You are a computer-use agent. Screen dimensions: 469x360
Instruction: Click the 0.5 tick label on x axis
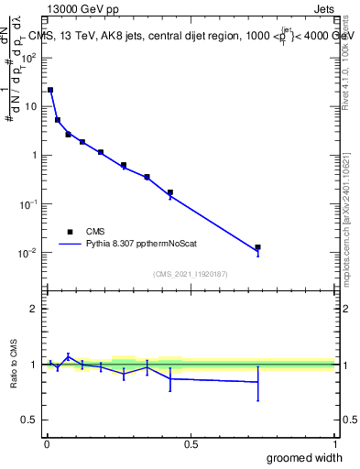tap(191, 443)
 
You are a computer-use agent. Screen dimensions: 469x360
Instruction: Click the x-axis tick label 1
tap(335, 443)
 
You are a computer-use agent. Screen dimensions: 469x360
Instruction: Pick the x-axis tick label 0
tap(47, 443)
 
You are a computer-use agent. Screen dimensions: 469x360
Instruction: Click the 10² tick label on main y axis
tap(30, 57)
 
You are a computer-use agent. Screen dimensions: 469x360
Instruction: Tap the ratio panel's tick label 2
tap(35, 309)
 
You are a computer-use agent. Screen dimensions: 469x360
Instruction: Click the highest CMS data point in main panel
tap(50, 90)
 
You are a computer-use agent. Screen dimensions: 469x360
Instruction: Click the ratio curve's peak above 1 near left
tap(68, 356)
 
